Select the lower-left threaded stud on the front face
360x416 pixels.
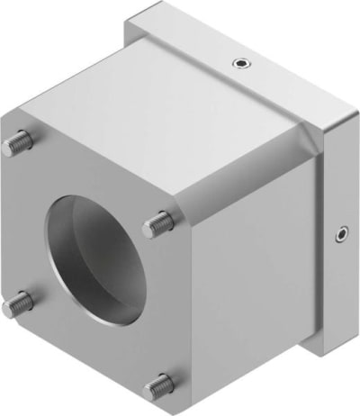click(x=16, y=305)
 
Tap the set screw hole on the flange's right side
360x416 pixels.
click(x=341, y=235)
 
